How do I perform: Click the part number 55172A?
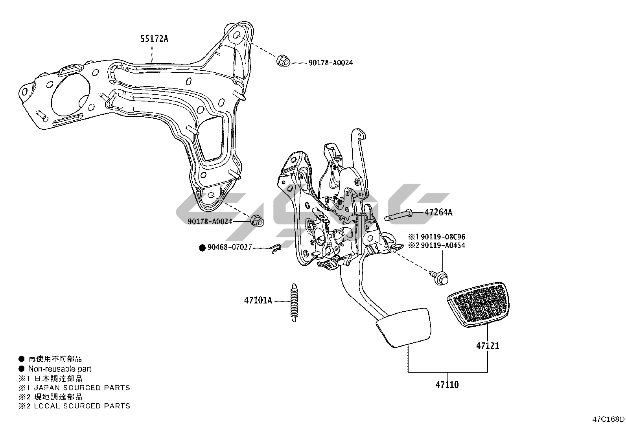(154, 39)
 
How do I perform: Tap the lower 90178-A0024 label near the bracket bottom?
(210, 222)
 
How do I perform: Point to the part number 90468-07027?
(229, 248)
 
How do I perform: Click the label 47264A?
(438, 212)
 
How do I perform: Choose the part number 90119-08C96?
(443, 237)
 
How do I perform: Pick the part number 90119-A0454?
(443, 246)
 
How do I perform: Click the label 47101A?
(258, 301)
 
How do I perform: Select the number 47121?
(488, 346)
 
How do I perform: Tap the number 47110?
(447, 385)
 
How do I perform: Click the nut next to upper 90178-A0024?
(282, 61)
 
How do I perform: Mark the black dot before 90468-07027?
(203, 248)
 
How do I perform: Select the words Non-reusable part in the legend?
(59, 369)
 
